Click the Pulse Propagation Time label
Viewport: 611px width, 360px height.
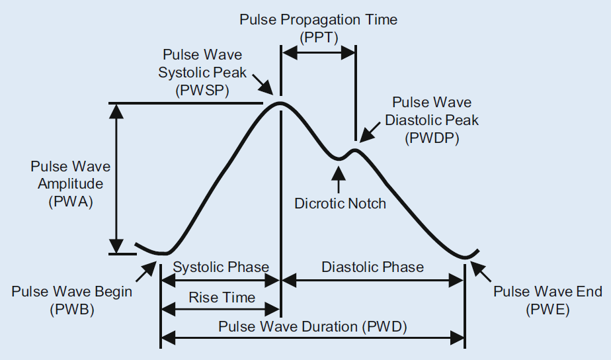[x=318, y=19]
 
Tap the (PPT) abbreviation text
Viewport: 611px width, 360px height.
[x=318, y=38]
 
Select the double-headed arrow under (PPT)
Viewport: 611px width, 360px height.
[x=318, y=55]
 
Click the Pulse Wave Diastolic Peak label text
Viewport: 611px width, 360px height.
[x=431, y=112]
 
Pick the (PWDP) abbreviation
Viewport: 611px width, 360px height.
[x=431, y=139]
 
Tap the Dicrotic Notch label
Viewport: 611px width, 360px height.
[x=340, y=203]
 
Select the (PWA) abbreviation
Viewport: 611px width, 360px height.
[x=71, y=202]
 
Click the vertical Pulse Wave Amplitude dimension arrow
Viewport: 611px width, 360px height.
[x=117, y=179]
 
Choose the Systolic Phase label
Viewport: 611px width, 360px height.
[x=220, y=267]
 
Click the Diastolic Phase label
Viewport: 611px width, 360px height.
[x=372, y=267]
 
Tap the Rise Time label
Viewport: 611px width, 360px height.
[x=222, y=298]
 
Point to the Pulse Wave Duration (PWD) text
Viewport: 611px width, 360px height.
[x=313, y=327]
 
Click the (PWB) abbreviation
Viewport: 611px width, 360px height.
[x=71, y=309]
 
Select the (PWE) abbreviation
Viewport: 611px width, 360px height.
[x=548, y=309]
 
